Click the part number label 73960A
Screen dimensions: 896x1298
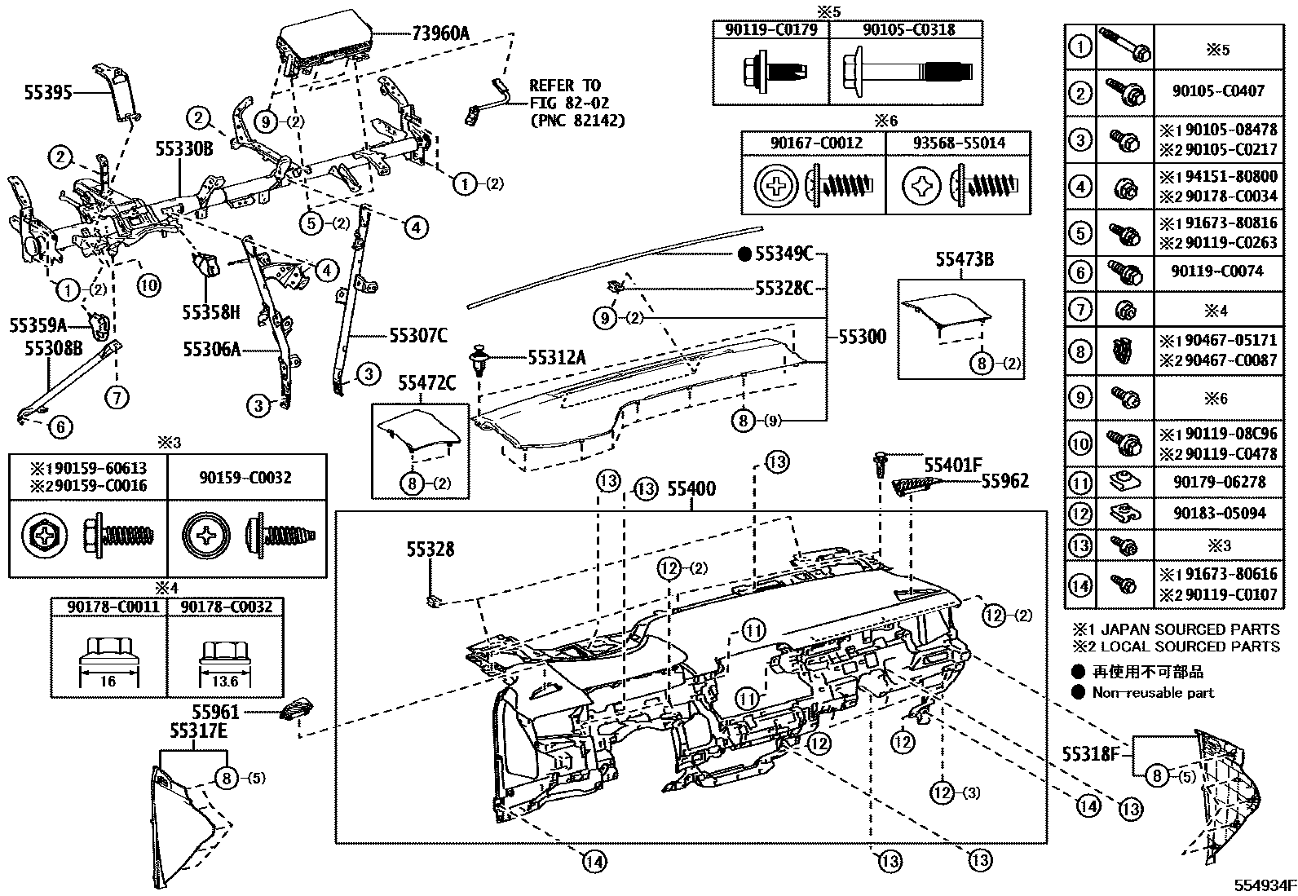click(x=441, y=34)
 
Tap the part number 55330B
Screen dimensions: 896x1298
click(x=184, y=148)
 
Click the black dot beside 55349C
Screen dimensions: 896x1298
click(x=744, y=254)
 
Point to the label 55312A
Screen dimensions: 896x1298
click(x=556, y=357)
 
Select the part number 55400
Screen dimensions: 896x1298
click(x=691, y=489)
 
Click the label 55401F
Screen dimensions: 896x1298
click(x=952, y=465)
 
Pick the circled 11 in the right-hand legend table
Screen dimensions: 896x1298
click(x=1080, y=483)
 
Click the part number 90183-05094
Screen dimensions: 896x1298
click(x=1219, y=513)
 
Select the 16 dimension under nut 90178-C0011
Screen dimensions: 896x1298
click(x=108, y=681)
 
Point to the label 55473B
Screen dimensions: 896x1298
click(x=964, y=260)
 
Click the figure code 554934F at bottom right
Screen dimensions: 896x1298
click(x=1263, y=885)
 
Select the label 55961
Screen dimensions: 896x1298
click(x=215, y=712)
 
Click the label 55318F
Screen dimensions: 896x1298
click(x=1091, y=753)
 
